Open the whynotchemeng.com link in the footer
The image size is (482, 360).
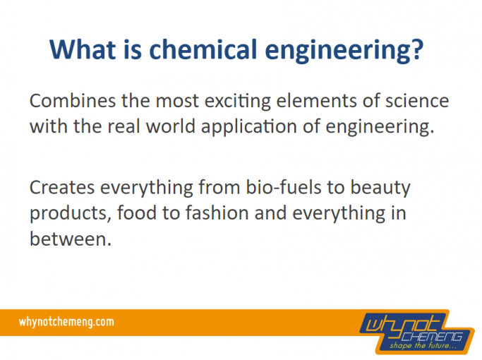66,322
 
